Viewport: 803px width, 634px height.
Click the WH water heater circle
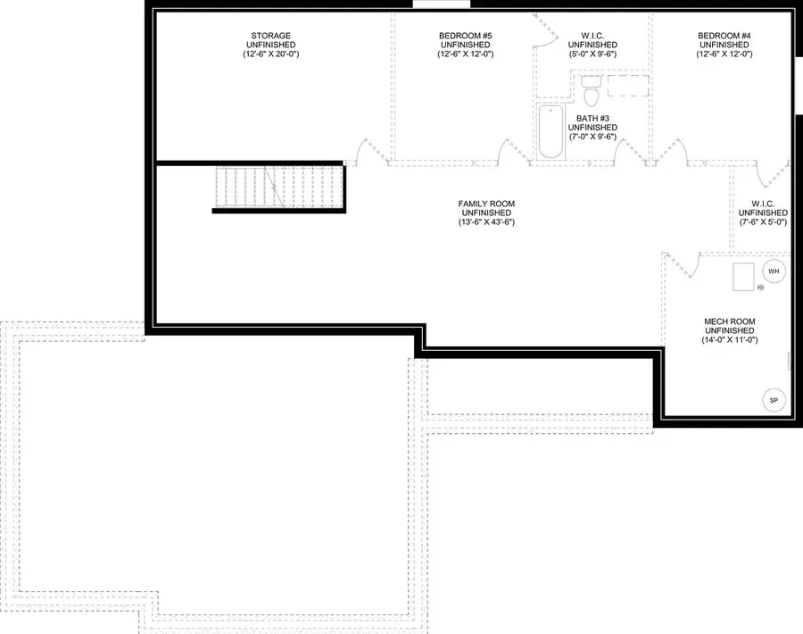(774, 271)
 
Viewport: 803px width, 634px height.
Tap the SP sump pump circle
(774, 401)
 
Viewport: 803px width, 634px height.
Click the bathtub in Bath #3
(551, 133)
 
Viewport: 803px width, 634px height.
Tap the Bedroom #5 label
(464, 36)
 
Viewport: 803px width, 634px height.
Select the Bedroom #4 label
(724, 36)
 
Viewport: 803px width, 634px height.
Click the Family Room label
(486, 204)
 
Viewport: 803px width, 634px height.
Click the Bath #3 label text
(592, 118)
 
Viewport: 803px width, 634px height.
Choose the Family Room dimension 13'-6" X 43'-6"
(486, 222)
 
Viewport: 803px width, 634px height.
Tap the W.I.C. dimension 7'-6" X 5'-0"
(764, 222)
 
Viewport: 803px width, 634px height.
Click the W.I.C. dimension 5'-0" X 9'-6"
(592, 54)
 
